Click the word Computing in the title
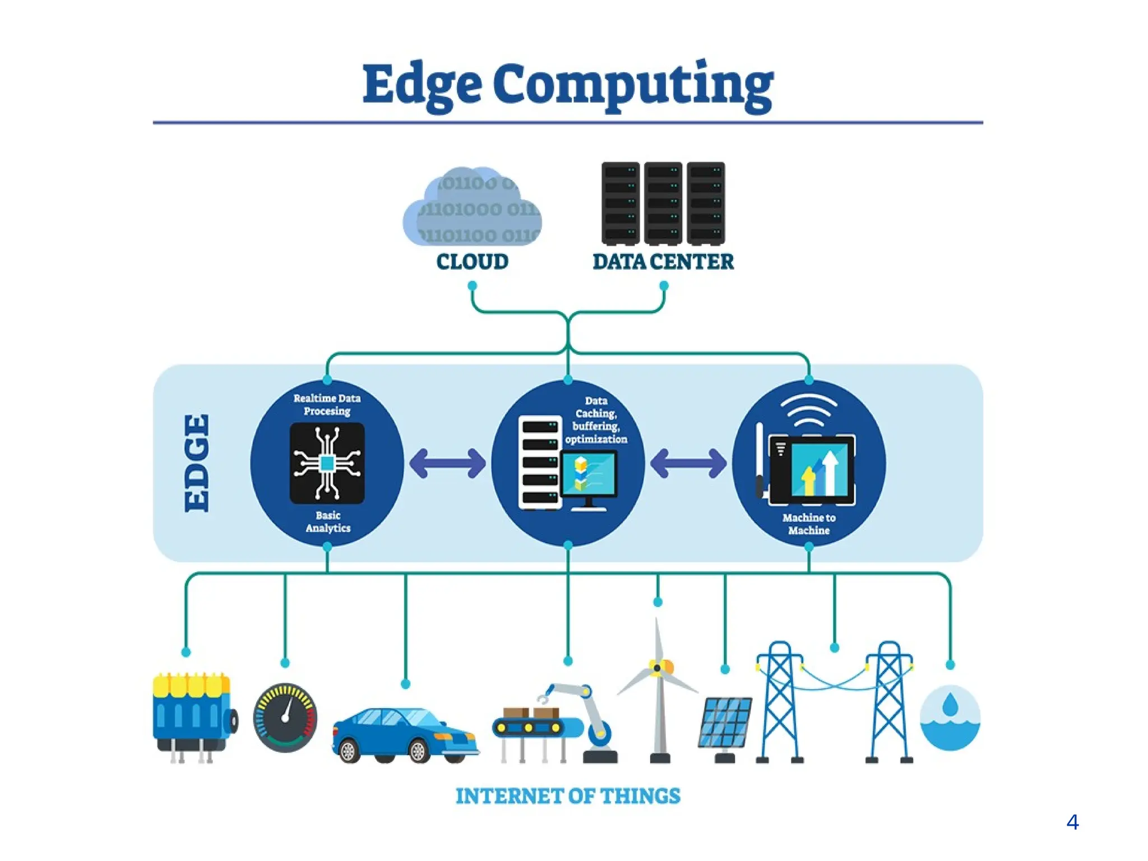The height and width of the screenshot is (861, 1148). click(633, 85)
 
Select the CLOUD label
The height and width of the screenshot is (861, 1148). click(473, 262)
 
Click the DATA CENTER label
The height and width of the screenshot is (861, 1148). click(663, 262)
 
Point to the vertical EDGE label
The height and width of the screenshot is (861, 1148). click(197, 463)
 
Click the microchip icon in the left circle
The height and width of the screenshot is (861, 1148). click(327, 463)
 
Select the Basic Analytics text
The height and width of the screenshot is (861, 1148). click(328, 522)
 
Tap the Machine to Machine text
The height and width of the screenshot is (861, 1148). click(809, 524)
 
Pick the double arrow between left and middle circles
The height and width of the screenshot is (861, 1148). click(447, 463)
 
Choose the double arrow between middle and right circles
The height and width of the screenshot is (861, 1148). click(688, 463)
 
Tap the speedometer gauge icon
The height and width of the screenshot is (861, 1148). click(285, 717)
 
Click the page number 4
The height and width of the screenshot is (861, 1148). click(1072, 822)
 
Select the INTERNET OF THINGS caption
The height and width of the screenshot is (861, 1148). click(568, 797)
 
